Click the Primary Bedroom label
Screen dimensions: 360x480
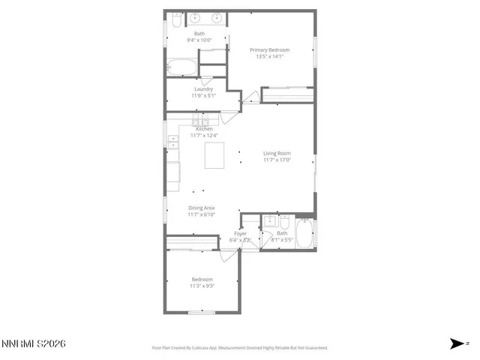(269, 49)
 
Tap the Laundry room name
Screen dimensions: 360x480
(203, 89)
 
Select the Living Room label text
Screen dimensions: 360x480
(277, 153)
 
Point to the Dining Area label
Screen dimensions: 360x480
(202, 208)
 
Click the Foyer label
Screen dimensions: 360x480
(240, 233)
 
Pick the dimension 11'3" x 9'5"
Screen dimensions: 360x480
(202, 286)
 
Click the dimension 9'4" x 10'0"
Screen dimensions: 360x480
(199, 40)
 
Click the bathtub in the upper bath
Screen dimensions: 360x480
(181, 67)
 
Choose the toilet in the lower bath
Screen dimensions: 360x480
(285, 223)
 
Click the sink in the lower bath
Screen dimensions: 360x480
(268, 222)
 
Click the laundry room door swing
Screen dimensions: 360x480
(251, 97)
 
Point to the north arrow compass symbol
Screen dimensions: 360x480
(457, 343)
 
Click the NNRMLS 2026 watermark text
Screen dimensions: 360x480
(34, 343)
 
